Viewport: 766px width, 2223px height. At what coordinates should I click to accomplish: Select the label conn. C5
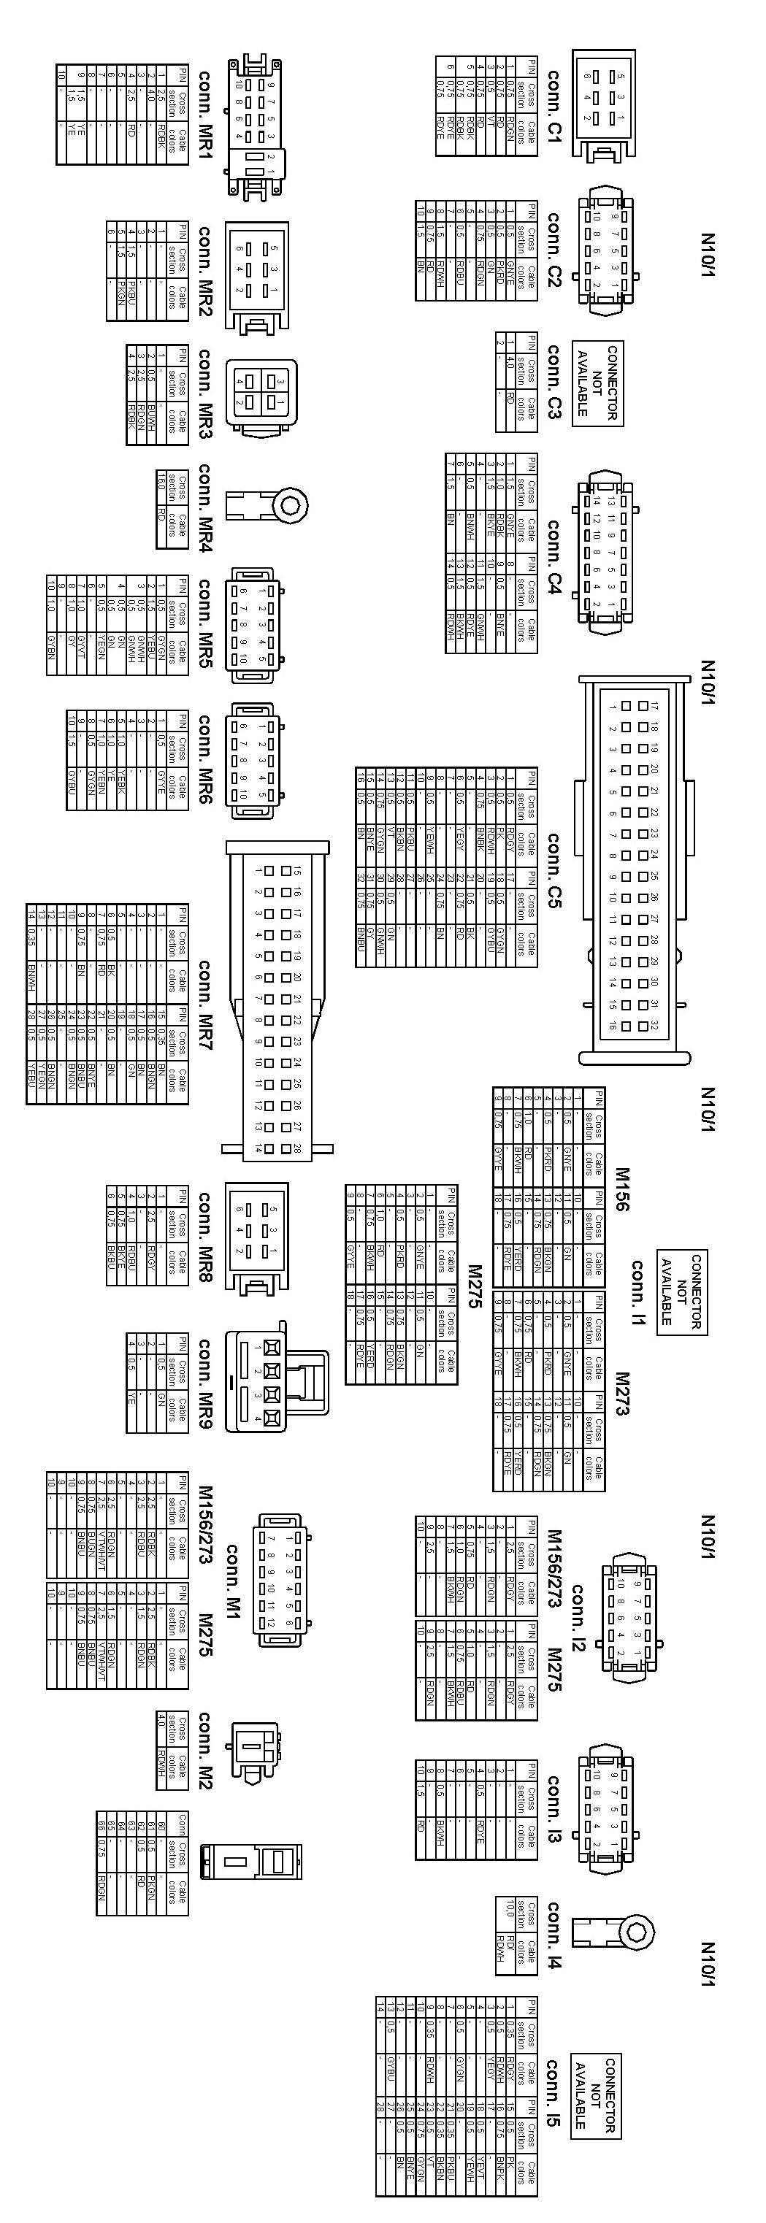(554, 870)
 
